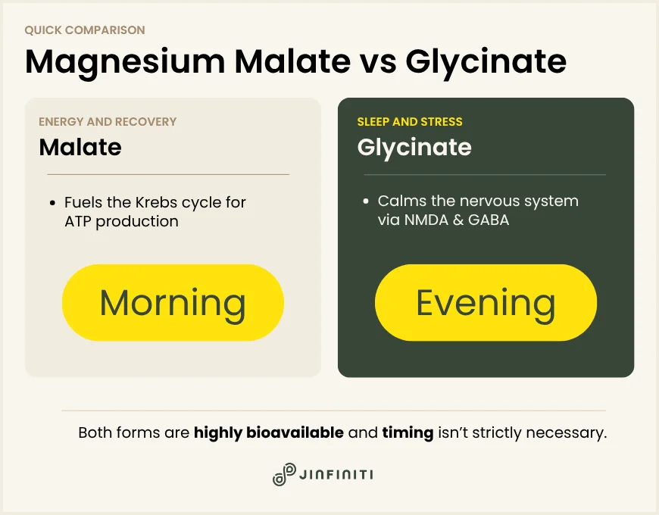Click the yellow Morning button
[173, 303]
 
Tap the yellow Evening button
[486, 303]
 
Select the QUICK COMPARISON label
[84, 30]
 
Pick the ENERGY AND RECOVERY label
[108, 121]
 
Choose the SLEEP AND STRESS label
[410, 121]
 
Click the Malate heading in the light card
[80, 147]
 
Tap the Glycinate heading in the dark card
[414, 147]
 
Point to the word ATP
[79, 221]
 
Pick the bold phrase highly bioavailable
[269, 433]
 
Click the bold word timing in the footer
[408, 433]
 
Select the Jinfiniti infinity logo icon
[284, 474]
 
